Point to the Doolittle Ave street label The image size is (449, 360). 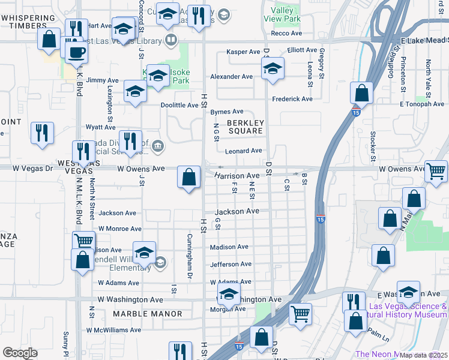[x=179, y=105]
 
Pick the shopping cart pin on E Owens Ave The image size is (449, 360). [x=436, y=171]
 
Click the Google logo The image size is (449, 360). [x=20, y=353]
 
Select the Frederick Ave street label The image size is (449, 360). [x=292, y=99]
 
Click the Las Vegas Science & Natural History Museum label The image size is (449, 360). [x=408, y=310]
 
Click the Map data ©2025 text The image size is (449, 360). [x=423, y=355]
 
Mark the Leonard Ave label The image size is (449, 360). [x=244, y=151]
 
